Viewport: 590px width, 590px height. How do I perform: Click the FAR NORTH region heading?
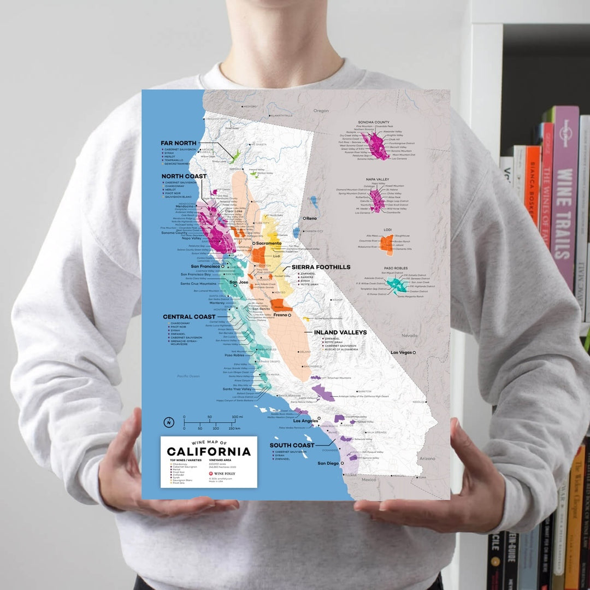point(178,143)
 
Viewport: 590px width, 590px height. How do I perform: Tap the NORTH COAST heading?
point(184,176)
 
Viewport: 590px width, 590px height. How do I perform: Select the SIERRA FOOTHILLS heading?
point(321,267)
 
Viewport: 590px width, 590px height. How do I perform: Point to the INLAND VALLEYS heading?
point(340,332)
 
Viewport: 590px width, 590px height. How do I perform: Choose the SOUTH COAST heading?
point(292,445)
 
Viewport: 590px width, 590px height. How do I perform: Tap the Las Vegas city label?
point(402,353)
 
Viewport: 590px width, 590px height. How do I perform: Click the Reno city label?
point(311,219)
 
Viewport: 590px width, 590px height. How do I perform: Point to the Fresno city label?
point(281,315)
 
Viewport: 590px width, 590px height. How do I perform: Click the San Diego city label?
point(328,463)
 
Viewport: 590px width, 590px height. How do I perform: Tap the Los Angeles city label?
point(305,421)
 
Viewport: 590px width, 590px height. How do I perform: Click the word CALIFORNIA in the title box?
point(209,452)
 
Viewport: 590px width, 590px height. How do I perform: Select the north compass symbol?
point(169,422)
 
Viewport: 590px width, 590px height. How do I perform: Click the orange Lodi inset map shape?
point(387,245)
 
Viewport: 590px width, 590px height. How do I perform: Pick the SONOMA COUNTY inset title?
point(374,122)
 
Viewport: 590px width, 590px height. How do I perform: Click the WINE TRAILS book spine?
point(564,213)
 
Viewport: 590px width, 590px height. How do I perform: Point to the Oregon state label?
point(321,111)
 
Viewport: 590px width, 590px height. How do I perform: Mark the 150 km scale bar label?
point(234,428)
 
